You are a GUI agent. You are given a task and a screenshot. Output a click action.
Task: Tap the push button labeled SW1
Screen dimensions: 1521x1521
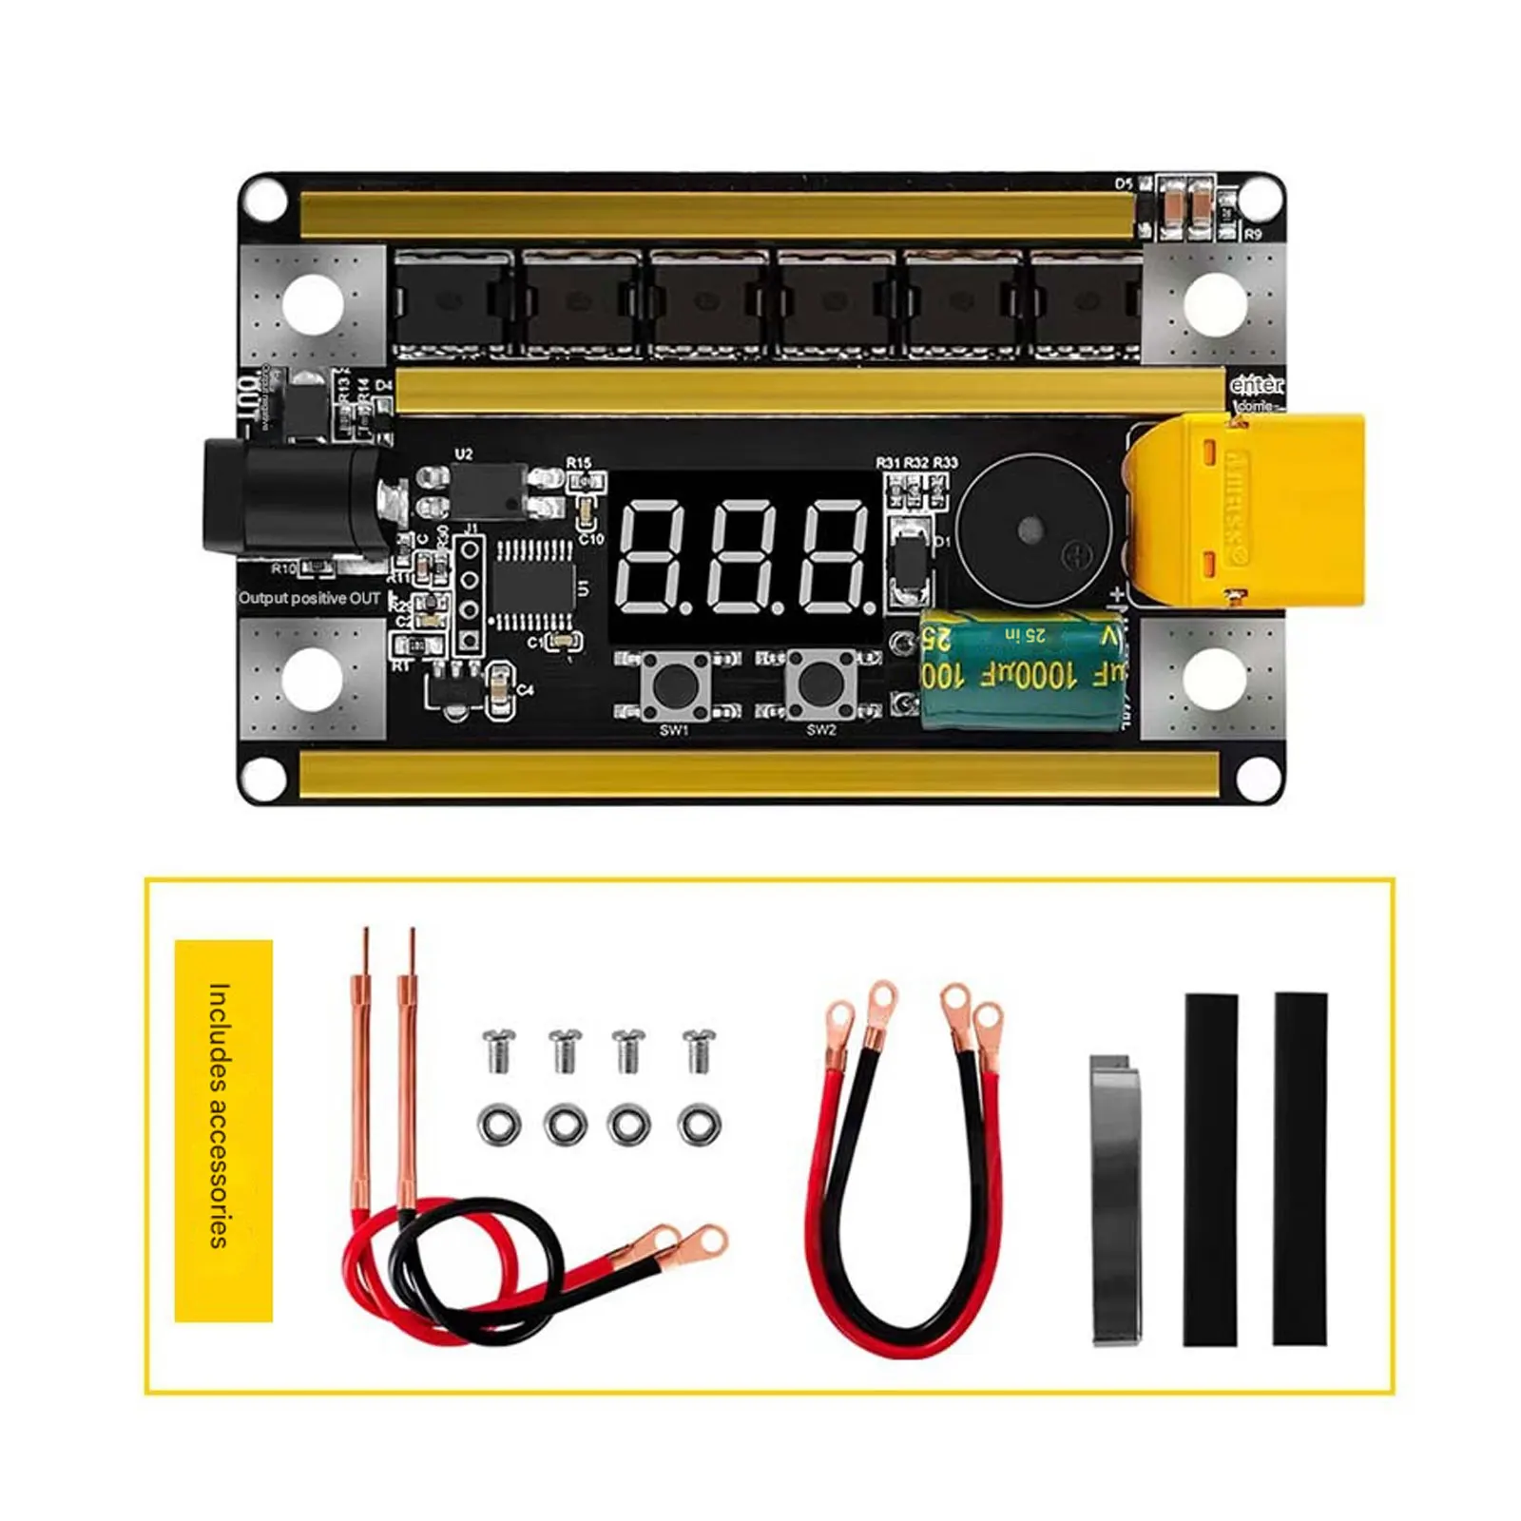(x=674, y=682)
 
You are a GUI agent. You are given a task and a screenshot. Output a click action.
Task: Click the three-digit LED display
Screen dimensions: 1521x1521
(x=746, y=558)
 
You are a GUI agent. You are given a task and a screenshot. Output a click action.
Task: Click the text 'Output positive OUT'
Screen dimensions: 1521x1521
(x=310, y=598)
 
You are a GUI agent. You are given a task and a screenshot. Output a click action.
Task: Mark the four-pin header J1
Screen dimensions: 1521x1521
(x=468, y=594)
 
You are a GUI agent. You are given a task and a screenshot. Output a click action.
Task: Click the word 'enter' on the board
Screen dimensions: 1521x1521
(x=1256, y=385)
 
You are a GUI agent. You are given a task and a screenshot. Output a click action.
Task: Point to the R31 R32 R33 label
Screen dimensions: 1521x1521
(x=916, y=462)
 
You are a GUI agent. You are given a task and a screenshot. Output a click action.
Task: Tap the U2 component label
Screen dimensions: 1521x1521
(x=463, y=454)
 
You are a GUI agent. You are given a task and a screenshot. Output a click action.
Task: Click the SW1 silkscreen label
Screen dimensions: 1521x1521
(x=673, y=730)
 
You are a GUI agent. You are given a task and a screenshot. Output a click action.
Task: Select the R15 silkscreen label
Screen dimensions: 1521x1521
(x=579, y=462)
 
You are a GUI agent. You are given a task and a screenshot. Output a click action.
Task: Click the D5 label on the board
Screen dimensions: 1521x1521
(x=1124, y=183)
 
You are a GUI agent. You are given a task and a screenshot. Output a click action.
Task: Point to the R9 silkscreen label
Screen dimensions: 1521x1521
(x=1253, y=234)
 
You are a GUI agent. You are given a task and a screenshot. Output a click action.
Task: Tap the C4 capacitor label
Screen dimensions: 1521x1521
(x=526, y=690)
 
